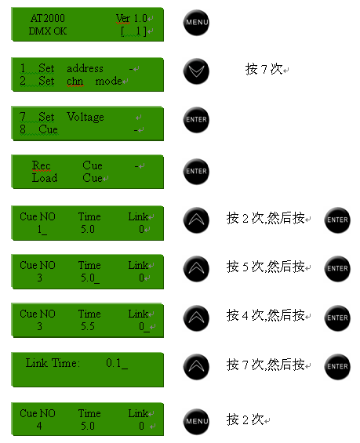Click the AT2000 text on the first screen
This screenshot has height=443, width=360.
[x=48, y=18]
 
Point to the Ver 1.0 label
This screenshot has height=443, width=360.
[x=132, y=18]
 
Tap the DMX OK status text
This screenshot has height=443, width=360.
[x=48, y=31]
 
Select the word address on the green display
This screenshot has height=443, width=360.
[x=85, y=69]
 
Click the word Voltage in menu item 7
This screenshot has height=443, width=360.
[x=85, y=118]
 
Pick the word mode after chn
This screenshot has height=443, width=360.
[x=108, y=82]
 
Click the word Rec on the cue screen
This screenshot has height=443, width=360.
[x=42, y=165]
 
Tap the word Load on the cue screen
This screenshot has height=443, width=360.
[x=45, y=178]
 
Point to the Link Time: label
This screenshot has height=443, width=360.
[x=53, y=363]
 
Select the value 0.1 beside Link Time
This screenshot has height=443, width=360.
[x=114, y=363]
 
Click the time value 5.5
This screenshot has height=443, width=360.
[x=88, y=327]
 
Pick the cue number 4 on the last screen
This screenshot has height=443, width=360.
[x=39, y=426]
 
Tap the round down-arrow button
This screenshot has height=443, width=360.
[x=196, y=71]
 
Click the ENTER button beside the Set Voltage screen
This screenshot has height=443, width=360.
[x=196, y=120]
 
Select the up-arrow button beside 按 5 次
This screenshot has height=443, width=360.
[x=196, y=269]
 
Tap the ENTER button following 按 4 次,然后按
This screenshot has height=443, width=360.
[x=337, y=318]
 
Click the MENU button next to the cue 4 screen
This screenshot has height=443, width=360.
[x=196, y=422]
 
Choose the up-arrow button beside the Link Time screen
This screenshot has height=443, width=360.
[x=196, y=367]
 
